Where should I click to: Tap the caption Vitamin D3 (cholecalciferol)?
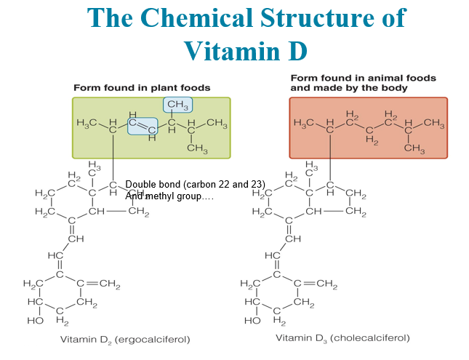(342, 338)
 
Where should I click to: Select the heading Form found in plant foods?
(142, 87)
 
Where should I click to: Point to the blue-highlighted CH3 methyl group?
(177, 106)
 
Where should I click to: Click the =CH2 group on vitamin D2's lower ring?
(105, 284)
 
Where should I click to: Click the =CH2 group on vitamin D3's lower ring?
(322, 284)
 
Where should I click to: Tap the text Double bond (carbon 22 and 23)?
(195, 183)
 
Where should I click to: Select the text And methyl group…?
(169, 196)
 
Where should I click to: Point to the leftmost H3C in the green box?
(87, 123)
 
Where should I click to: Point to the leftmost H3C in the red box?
(304, 123)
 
